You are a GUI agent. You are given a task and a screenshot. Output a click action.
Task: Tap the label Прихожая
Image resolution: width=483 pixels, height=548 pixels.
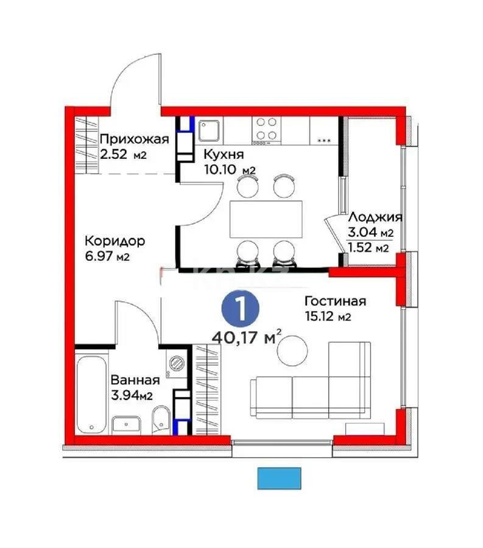[133, 138]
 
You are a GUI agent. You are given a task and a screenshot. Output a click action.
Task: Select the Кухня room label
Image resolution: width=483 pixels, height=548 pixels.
[220, 154]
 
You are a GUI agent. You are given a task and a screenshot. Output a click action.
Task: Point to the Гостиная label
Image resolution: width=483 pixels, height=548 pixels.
[335, 301]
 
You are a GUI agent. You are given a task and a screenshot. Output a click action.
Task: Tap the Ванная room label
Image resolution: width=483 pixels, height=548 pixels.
[135, 381]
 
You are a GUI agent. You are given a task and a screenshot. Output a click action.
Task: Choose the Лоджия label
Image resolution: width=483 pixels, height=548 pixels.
[375, 217]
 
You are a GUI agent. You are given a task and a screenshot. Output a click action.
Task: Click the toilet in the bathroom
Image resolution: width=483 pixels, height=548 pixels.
[159, 420]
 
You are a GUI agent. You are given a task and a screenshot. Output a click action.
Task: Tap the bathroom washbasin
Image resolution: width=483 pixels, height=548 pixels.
[127, 424]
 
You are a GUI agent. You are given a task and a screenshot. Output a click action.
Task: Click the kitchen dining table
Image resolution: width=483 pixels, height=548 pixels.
[266, 219]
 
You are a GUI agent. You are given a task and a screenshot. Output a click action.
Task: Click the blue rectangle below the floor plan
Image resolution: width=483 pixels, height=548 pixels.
[280, 478]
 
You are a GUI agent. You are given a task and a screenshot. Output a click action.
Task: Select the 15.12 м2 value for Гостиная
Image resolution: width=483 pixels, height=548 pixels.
[328, 316]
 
